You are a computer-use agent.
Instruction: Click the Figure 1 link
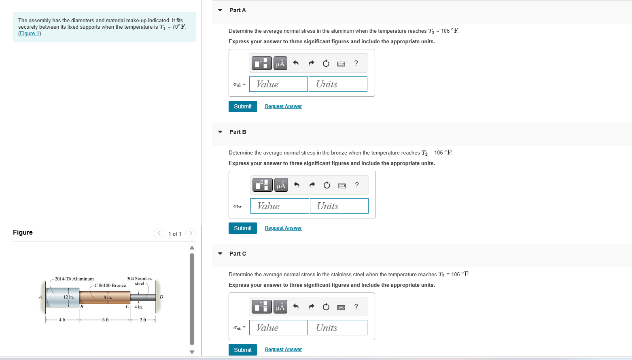click(30, 34)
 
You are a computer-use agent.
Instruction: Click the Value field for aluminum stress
click(278, 84)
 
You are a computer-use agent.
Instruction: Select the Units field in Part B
click(339, 206)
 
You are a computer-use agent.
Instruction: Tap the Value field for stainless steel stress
click(278, 328)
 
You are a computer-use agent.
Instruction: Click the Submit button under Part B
click(242, 228)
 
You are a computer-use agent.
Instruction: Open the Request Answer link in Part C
click(283, 349)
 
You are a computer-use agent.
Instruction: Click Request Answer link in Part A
click(283, 106)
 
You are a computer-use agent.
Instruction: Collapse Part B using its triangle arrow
click(220, 132)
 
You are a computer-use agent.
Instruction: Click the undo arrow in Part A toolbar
click(296, 63)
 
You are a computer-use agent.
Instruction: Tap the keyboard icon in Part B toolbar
click(342, 185)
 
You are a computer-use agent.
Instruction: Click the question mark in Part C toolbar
click(356, 307)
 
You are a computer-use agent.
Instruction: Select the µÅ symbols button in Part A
click(280, 63)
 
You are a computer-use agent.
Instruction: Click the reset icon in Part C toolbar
click(326, 307)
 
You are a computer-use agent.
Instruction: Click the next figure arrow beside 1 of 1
click(191, 233)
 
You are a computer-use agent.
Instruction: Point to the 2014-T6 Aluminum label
click(74, 279)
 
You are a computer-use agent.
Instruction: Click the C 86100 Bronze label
click(110, 286)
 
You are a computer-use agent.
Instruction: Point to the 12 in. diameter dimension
click(68, 297)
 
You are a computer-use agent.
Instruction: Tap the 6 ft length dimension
click(105, 320)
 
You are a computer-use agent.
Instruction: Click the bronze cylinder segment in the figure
click(97, 298)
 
